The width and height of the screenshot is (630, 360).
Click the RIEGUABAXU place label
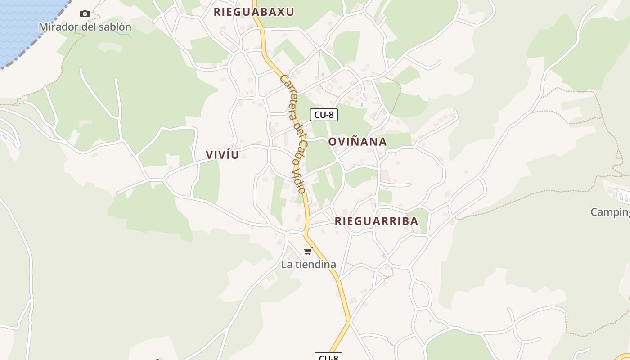click(254, 12)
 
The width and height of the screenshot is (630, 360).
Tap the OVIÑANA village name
click(357, 142)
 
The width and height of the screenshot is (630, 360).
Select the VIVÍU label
click(222, 155)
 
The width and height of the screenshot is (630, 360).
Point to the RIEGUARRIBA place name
click(377, 221)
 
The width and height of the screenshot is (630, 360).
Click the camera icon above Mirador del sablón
click(85, 14)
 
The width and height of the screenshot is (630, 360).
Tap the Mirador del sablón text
click(85, 27)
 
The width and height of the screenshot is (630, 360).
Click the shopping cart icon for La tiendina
click(308, 251)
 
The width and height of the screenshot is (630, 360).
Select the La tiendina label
click(309, 265)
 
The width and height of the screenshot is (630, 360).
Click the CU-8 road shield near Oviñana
click(324, 115)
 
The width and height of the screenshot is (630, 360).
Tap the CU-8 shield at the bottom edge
click(328, 357)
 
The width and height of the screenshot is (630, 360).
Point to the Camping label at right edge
click(610, 212)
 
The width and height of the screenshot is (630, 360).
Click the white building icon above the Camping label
click(623, 196)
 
